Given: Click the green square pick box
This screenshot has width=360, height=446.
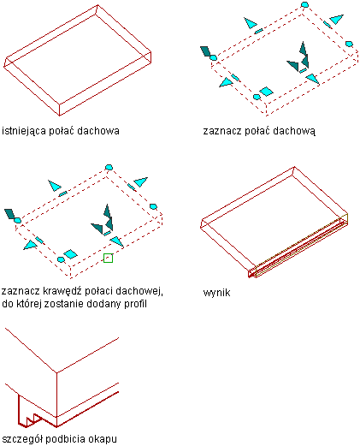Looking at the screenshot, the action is click(108, 258).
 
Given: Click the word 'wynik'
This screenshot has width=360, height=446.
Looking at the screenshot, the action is click(216, 293).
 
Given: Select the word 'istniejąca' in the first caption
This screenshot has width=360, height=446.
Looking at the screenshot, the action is click(24, 131).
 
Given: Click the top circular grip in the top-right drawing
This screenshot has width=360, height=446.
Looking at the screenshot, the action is click(304, 4).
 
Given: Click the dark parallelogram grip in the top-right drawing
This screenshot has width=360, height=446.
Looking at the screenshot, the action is click(206, 51).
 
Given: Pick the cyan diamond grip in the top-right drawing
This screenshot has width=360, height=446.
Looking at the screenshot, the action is click(266, 92).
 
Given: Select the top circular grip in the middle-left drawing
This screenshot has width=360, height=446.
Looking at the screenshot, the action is click(109, 167).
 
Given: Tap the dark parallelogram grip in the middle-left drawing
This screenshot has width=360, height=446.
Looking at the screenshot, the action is click(9, 214).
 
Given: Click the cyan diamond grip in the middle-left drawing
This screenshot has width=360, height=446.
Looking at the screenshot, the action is click(70, 254).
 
